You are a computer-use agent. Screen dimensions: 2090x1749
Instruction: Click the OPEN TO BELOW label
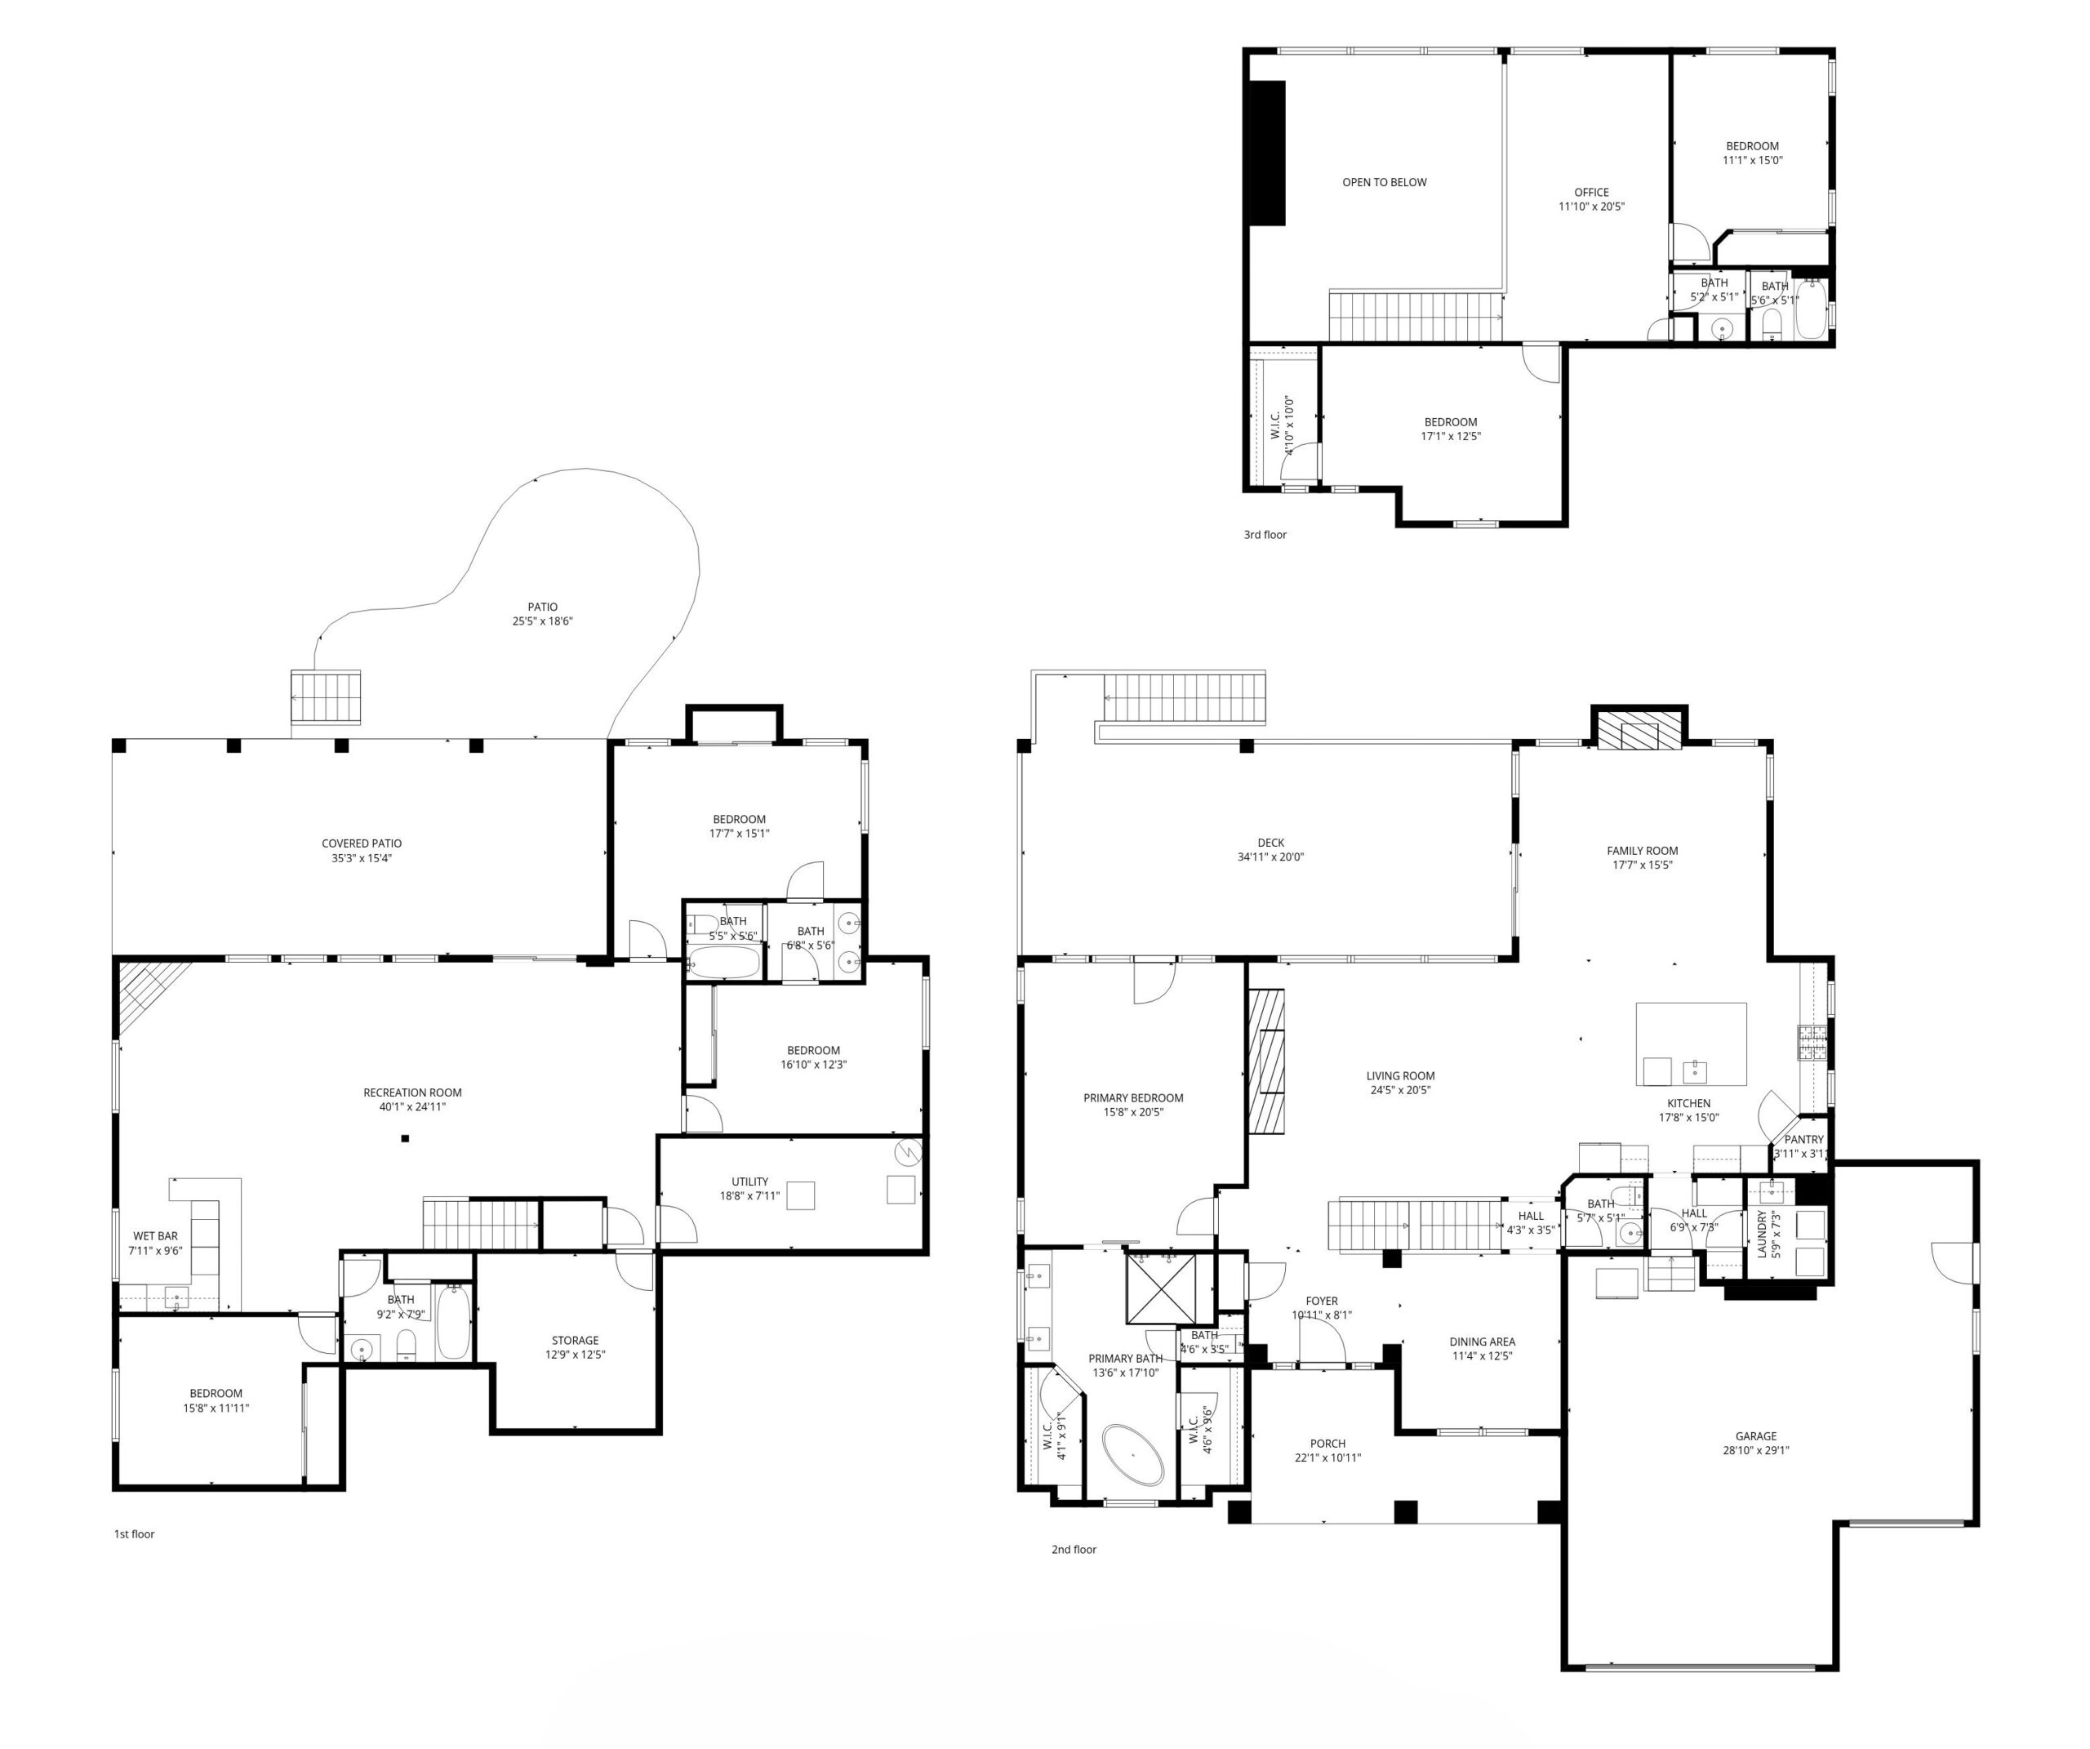tap(1385, 182)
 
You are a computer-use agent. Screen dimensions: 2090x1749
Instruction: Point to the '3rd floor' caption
tap(1265, 535)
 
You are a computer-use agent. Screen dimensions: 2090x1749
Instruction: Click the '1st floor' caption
tap(135, 1534)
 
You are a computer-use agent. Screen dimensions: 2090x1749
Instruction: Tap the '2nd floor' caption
tap(1074, 1549)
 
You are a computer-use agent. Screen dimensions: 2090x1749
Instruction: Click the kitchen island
tap(1692, 1044)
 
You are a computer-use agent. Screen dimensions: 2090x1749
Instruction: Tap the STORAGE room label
tap(576, 1341)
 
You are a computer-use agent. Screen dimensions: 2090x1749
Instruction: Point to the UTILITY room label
tap(749, 1182)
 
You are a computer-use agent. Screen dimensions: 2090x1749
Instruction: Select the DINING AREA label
tap(1482, 1342)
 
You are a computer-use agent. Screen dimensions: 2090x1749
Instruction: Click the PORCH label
tap(1327, 1444)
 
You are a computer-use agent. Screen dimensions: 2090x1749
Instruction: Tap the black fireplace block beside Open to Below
tap(1267, 154)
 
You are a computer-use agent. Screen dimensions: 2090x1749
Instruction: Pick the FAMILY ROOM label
tap(1642, 851)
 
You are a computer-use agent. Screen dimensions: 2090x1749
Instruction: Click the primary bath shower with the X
tap(1160, 1289)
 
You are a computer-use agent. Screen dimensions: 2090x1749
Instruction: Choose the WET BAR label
tap(155, 1236)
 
